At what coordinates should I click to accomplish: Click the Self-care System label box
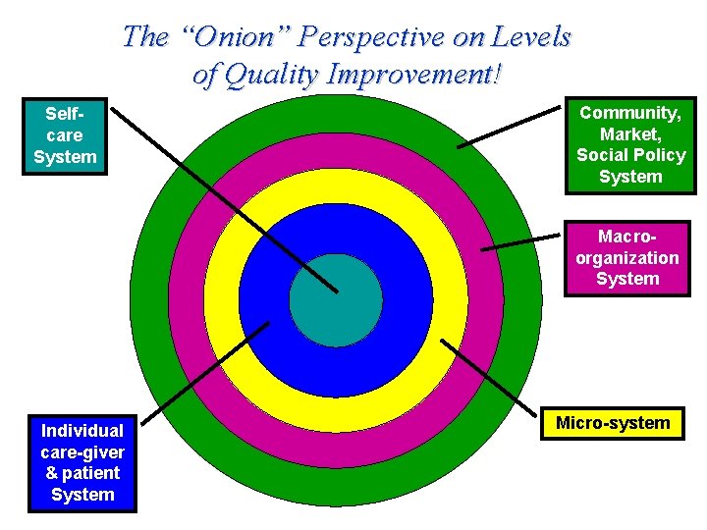coord(65,135)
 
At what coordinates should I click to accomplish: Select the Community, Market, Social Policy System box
coord(630,145)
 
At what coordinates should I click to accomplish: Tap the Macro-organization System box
coord(627,258)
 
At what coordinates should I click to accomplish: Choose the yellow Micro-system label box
coord(613,423)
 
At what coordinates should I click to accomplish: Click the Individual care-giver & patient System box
coord(82,462)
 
